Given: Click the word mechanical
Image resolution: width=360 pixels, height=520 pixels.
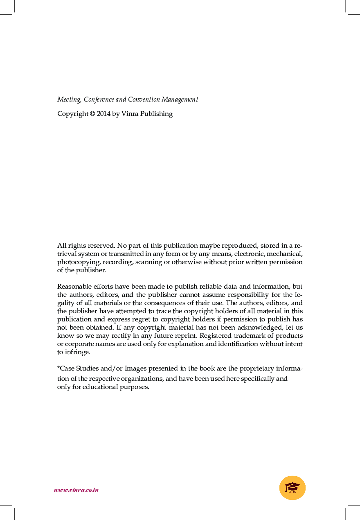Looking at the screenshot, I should click(x=284, y=254).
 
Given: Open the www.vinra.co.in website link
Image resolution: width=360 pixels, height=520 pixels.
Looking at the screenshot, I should click(x=76, y=490).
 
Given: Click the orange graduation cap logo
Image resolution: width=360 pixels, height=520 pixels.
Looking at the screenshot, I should click(x=292, y=488).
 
